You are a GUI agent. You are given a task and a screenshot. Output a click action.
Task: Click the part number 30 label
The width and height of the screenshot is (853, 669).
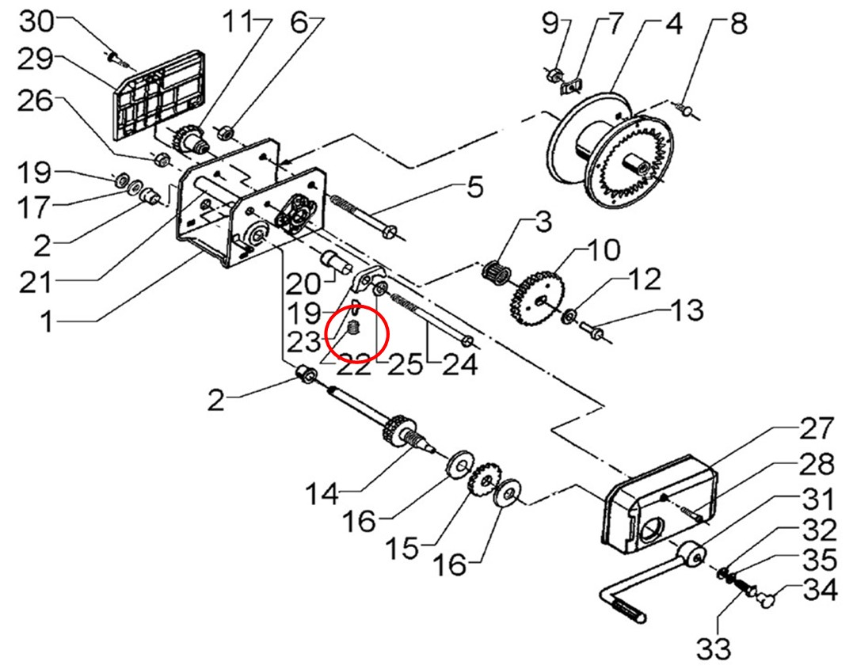point(36,21)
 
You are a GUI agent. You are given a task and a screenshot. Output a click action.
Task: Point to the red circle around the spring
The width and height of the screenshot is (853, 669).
point(357,333)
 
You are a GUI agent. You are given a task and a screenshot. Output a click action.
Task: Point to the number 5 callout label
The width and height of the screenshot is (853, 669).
point(473,189)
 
